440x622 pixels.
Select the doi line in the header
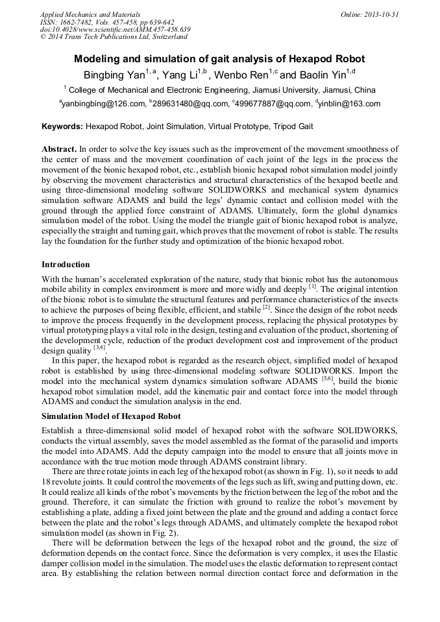click(x=115, y=29)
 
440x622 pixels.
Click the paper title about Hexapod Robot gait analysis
click(x=219, y=58)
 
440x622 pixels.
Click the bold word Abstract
click(x=59, y=149)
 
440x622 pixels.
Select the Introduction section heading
click(x=66, y=265)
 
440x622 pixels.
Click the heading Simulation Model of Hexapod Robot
click(x=111, y=416)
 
